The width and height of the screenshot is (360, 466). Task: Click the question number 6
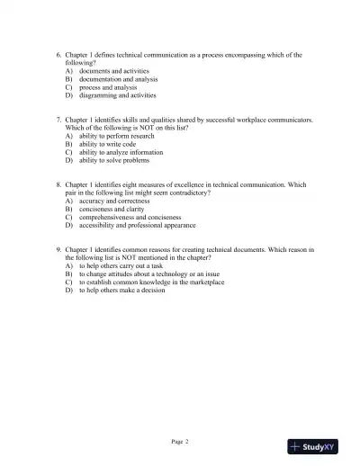(58, 55)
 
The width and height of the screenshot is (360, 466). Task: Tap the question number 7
(58, 120)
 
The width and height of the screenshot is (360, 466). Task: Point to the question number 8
(58, 185)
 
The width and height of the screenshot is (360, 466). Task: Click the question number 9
(58, 250)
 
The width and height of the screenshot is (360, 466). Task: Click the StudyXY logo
(312, 444)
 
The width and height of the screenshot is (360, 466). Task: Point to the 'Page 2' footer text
(180, 441)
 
